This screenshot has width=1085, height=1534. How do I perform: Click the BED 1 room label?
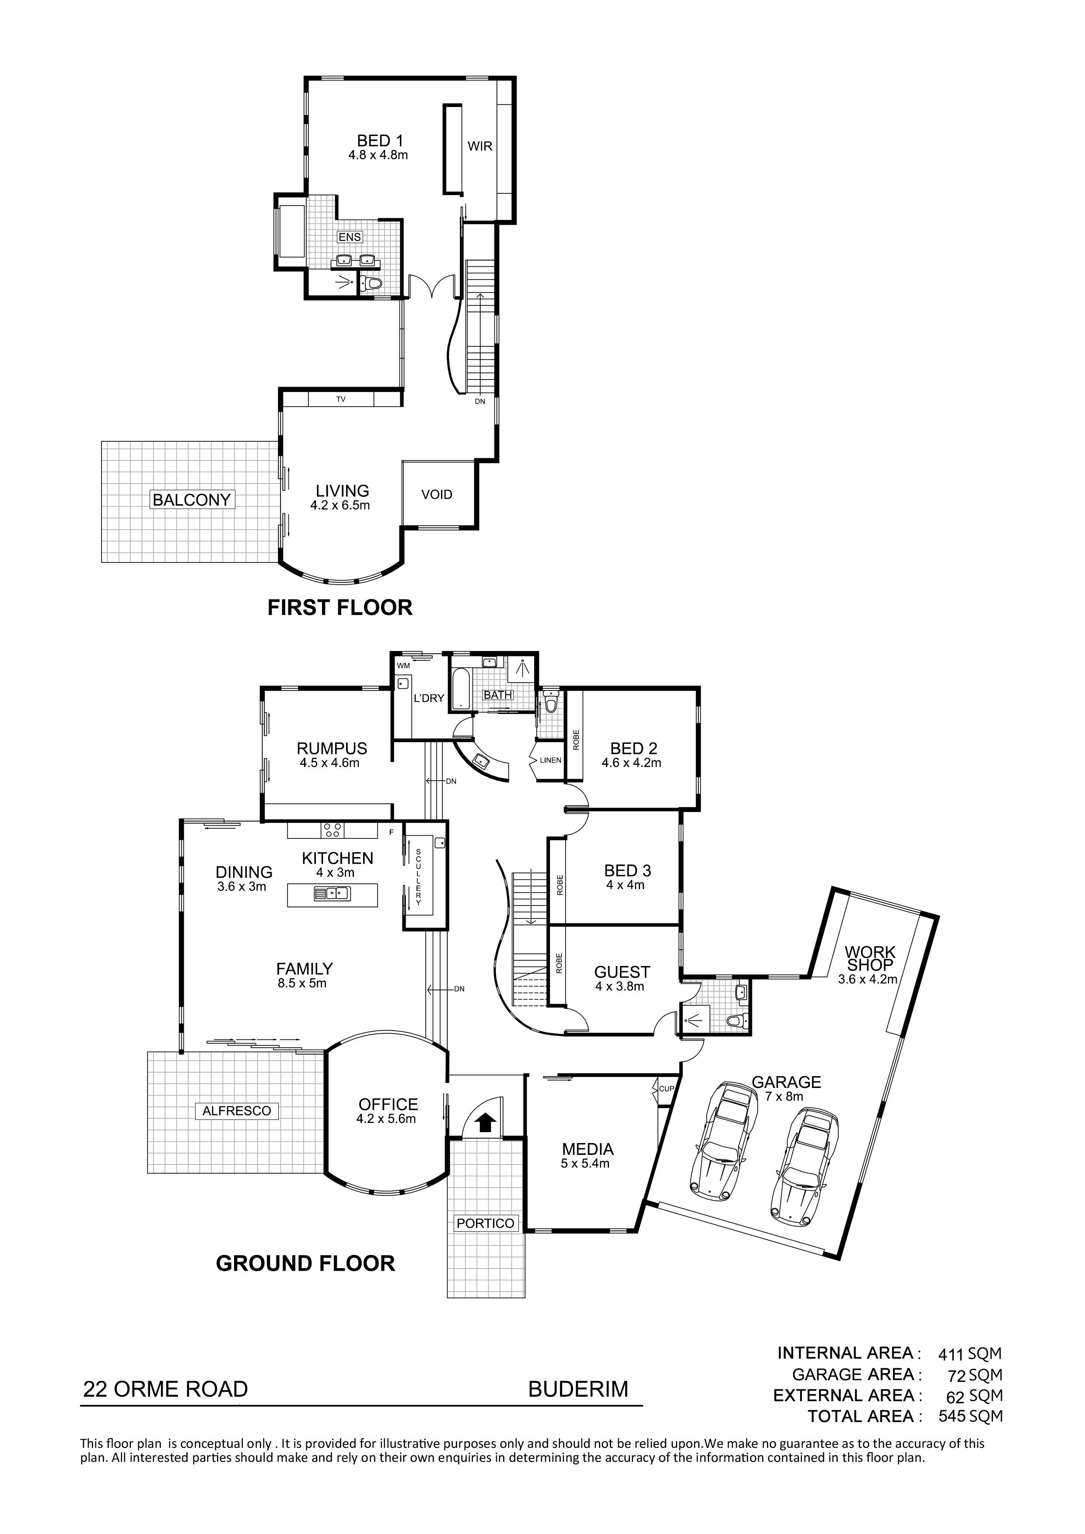click(x=380, y=141)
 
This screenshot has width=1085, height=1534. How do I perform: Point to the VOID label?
click(x=437, y=495)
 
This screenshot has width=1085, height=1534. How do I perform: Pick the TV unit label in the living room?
click(x=341, y=400)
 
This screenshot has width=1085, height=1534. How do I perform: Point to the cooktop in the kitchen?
click(x=332, y=830)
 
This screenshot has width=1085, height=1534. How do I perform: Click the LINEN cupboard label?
click(x=551, y=760)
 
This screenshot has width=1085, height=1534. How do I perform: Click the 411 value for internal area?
click(x=951, y=1355)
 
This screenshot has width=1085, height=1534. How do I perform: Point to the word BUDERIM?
click(x=578, y=1390)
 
